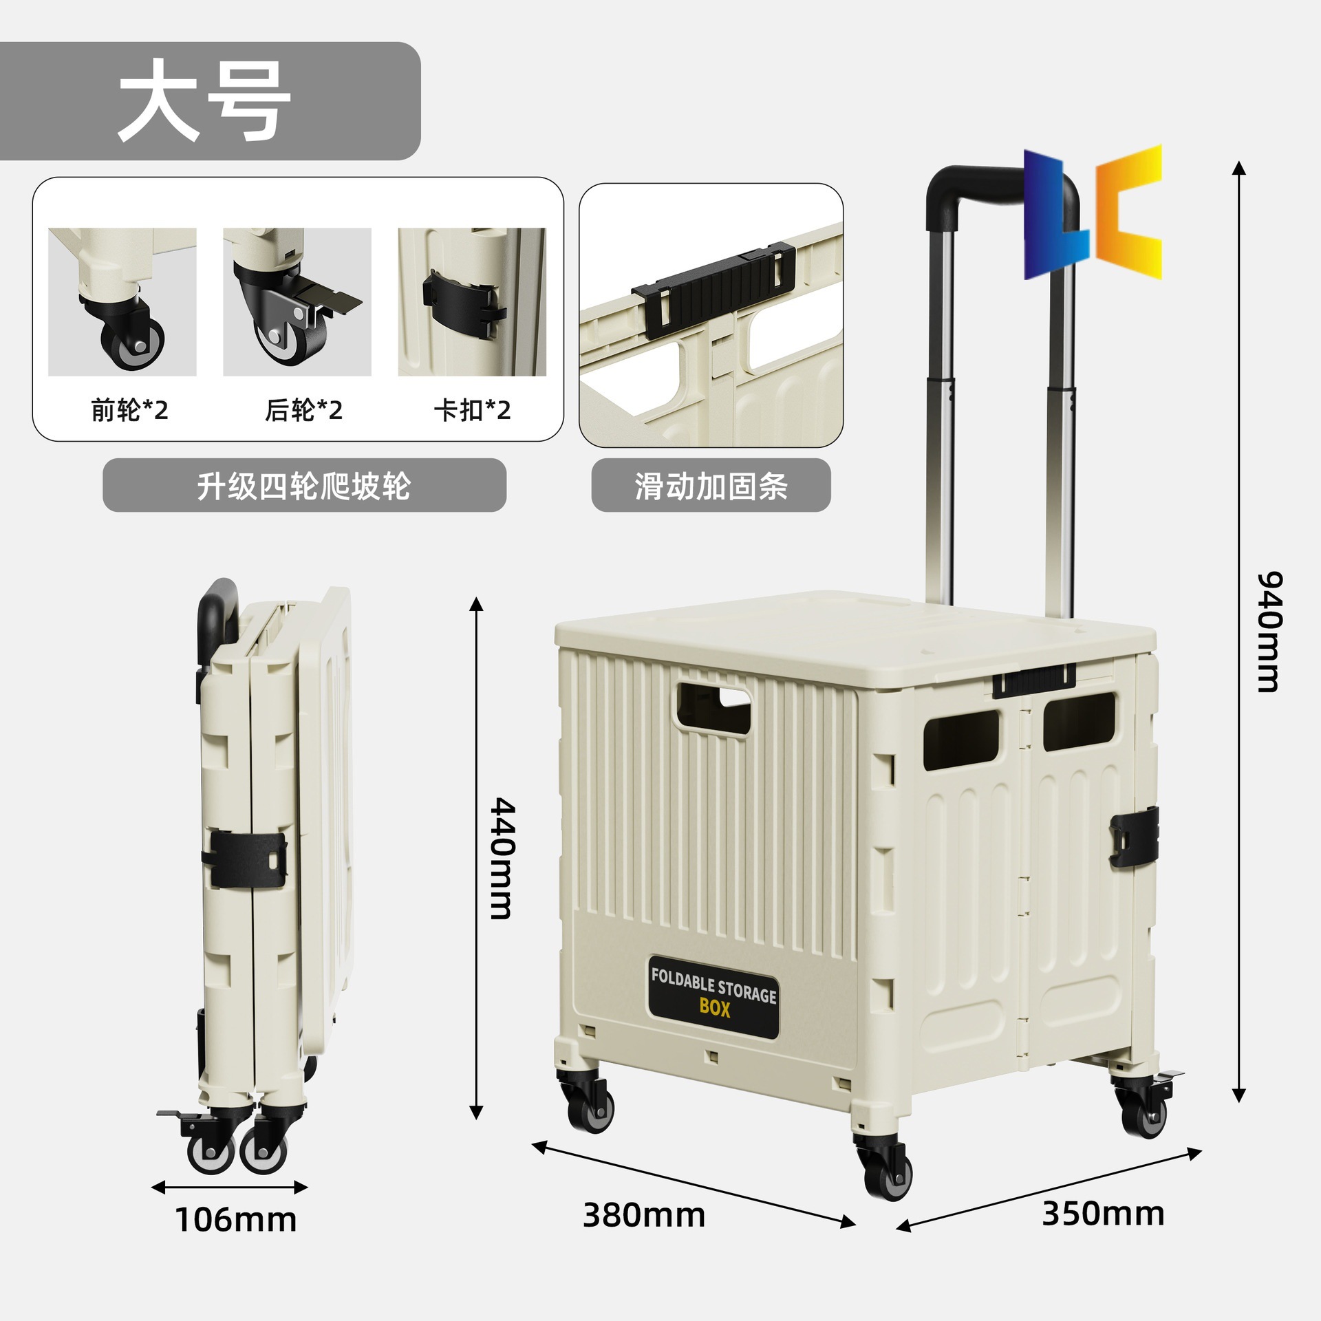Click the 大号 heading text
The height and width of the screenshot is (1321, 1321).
coord(205,101)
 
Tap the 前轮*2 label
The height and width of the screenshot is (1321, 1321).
coord(129,411)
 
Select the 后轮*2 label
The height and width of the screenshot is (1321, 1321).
coord(303,411)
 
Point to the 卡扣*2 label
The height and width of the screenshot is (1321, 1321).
coord(472,411)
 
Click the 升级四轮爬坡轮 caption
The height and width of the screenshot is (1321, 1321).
coord(303,486)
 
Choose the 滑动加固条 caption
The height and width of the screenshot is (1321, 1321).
coord(711,486)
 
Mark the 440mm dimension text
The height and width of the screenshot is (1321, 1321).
coord(502,858)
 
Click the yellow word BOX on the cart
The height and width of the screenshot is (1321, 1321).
coord(715,1007)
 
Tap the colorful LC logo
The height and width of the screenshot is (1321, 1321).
coord(1093,212)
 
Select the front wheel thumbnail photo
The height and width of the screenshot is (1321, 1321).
coord(122,302)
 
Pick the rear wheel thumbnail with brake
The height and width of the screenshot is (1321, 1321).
coord(297,302)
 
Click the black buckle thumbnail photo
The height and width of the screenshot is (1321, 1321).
coord(472,302)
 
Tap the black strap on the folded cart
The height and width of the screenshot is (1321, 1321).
coord(244,859)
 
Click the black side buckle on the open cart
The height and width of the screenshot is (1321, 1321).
coord(1133,837)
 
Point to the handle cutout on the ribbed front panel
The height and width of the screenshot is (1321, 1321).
coord(713,708)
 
